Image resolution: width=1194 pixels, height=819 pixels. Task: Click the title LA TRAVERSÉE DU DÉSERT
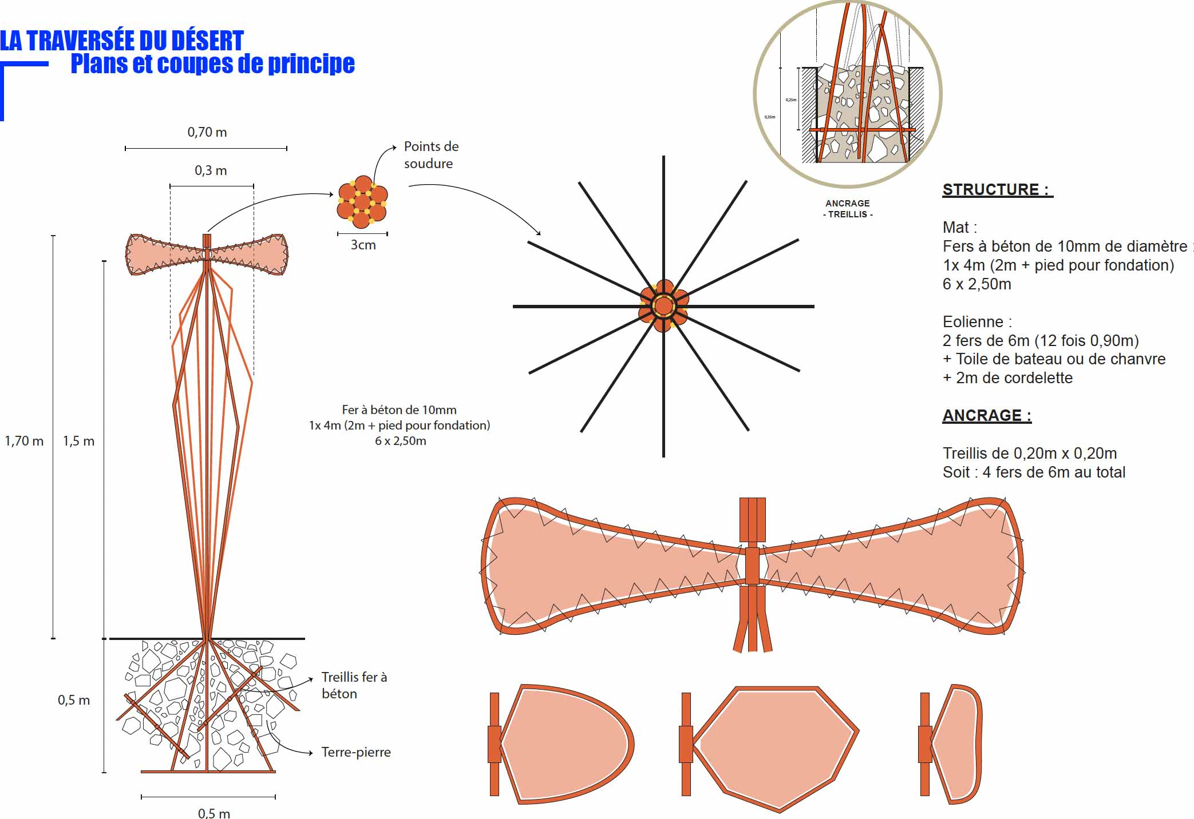[122, 41]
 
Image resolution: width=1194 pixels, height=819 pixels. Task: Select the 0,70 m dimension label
[207, 132]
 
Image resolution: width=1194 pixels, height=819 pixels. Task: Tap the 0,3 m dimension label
[211, 170]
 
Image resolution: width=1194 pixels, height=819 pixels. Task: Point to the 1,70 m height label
[24, 441]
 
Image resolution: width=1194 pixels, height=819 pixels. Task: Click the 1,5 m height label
[78, 441]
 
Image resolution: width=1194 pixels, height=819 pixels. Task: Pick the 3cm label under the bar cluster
[363, 245]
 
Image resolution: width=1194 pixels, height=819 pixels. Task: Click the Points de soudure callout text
[431, 155]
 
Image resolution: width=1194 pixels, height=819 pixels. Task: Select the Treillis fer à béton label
[354, 685]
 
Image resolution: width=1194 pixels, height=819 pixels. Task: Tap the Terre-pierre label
[356, 752]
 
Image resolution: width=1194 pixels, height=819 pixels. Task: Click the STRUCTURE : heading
[997, 190]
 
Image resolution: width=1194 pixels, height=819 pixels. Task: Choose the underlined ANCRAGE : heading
[987, 416]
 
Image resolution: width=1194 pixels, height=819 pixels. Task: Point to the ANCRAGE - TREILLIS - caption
[848, 209]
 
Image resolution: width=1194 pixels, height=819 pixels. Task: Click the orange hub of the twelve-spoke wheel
[663, 306]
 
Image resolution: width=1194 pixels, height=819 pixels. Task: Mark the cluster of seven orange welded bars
[362, 202]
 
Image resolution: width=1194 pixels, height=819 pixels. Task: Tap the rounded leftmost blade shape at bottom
[564, 744]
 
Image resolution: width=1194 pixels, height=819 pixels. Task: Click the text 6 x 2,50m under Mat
[976, 284]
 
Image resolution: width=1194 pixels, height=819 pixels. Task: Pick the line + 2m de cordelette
[1007, 378]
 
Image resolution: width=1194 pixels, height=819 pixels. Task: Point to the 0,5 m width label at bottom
[214, 813]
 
